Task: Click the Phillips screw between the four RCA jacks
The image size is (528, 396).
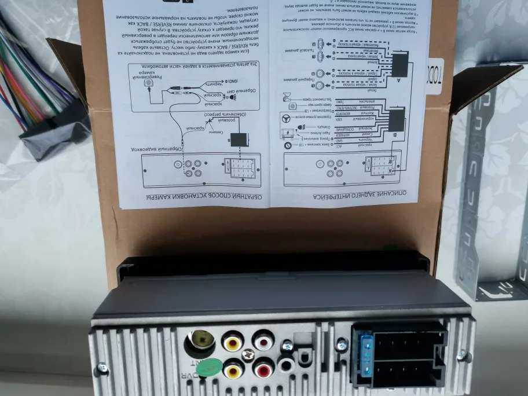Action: pos(248,354)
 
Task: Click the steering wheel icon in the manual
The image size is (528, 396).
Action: pos(288,120)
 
